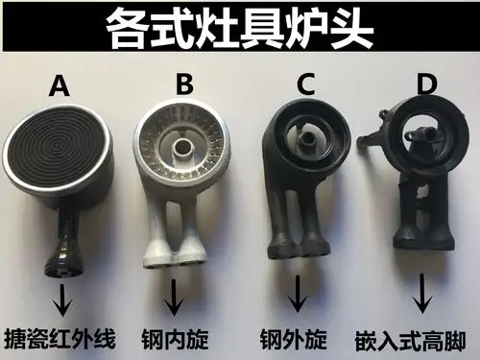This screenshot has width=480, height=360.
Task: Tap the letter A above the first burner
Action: [x=60, y=87]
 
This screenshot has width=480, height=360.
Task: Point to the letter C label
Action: [x=305, y=84]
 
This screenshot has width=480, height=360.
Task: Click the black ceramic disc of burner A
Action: [x=60, y=154]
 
